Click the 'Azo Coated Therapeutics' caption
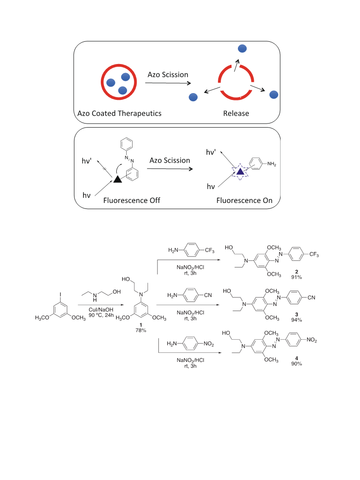click(119, 113)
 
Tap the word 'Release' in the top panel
click(236, 113)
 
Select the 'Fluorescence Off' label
click(132, 201)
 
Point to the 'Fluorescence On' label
click(244, 201)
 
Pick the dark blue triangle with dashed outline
click(240, 172)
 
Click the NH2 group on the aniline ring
click(271, 164)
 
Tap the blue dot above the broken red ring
click(242, 49)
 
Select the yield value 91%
click(296, 277)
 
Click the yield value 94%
click(296, 320)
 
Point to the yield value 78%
click(141, 330)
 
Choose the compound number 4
click(296, 358)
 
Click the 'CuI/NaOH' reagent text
click(101, 310)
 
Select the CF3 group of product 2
click(314, 254)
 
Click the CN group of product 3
click(311, 297)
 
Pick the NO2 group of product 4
click(311, 340)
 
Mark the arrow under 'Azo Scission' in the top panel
click(168, 83)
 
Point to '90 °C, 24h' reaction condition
click(101, 315)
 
